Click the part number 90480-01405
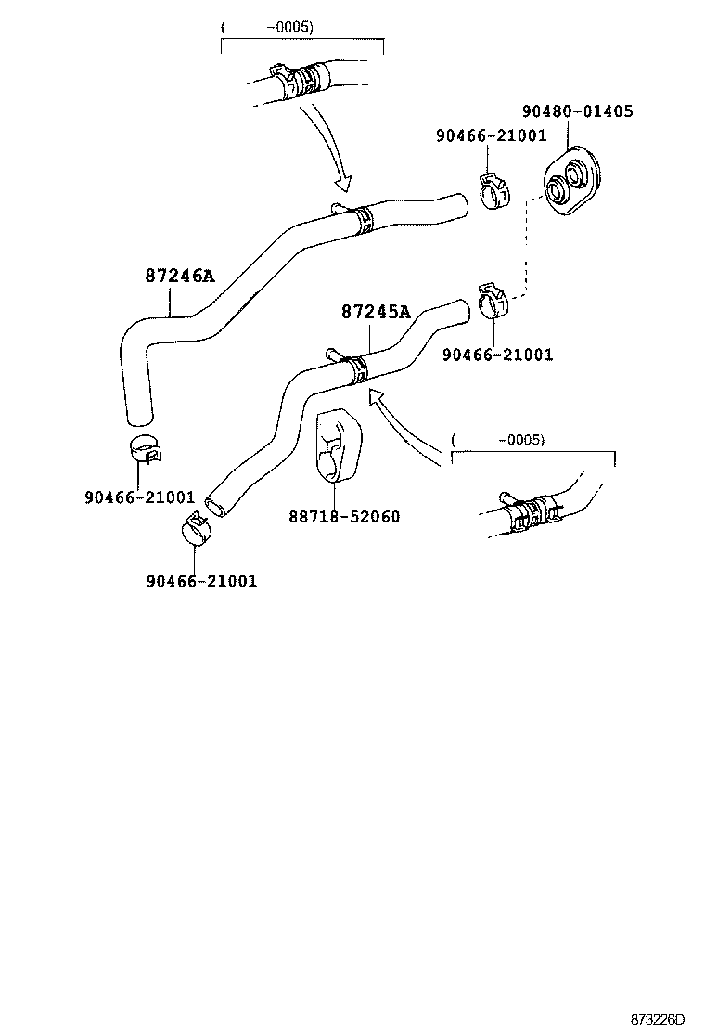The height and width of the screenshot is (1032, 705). pos(577,111)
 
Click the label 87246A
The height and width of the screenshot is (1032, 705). pos(179,276)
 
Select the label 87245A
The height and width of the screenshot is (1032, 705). pos(375,312)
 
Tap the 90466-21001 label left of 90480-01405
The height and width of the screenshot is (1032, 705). pos(491,136)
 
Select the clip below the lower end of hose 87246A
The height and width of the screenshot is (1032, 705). pos(144,447)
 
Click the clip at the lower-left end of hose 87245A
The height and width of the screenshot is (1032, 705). pos(195,526)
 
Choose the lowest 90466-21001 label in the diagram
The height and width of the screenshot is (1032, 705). pos(201,581)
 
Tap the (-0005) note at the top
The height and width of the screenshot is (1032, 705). pos(268,27)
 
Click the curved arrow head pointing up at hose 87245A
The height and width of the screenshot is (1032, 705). pos(376,397)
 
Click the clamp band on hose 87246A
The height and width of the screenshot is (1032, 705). pos(362,218)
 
